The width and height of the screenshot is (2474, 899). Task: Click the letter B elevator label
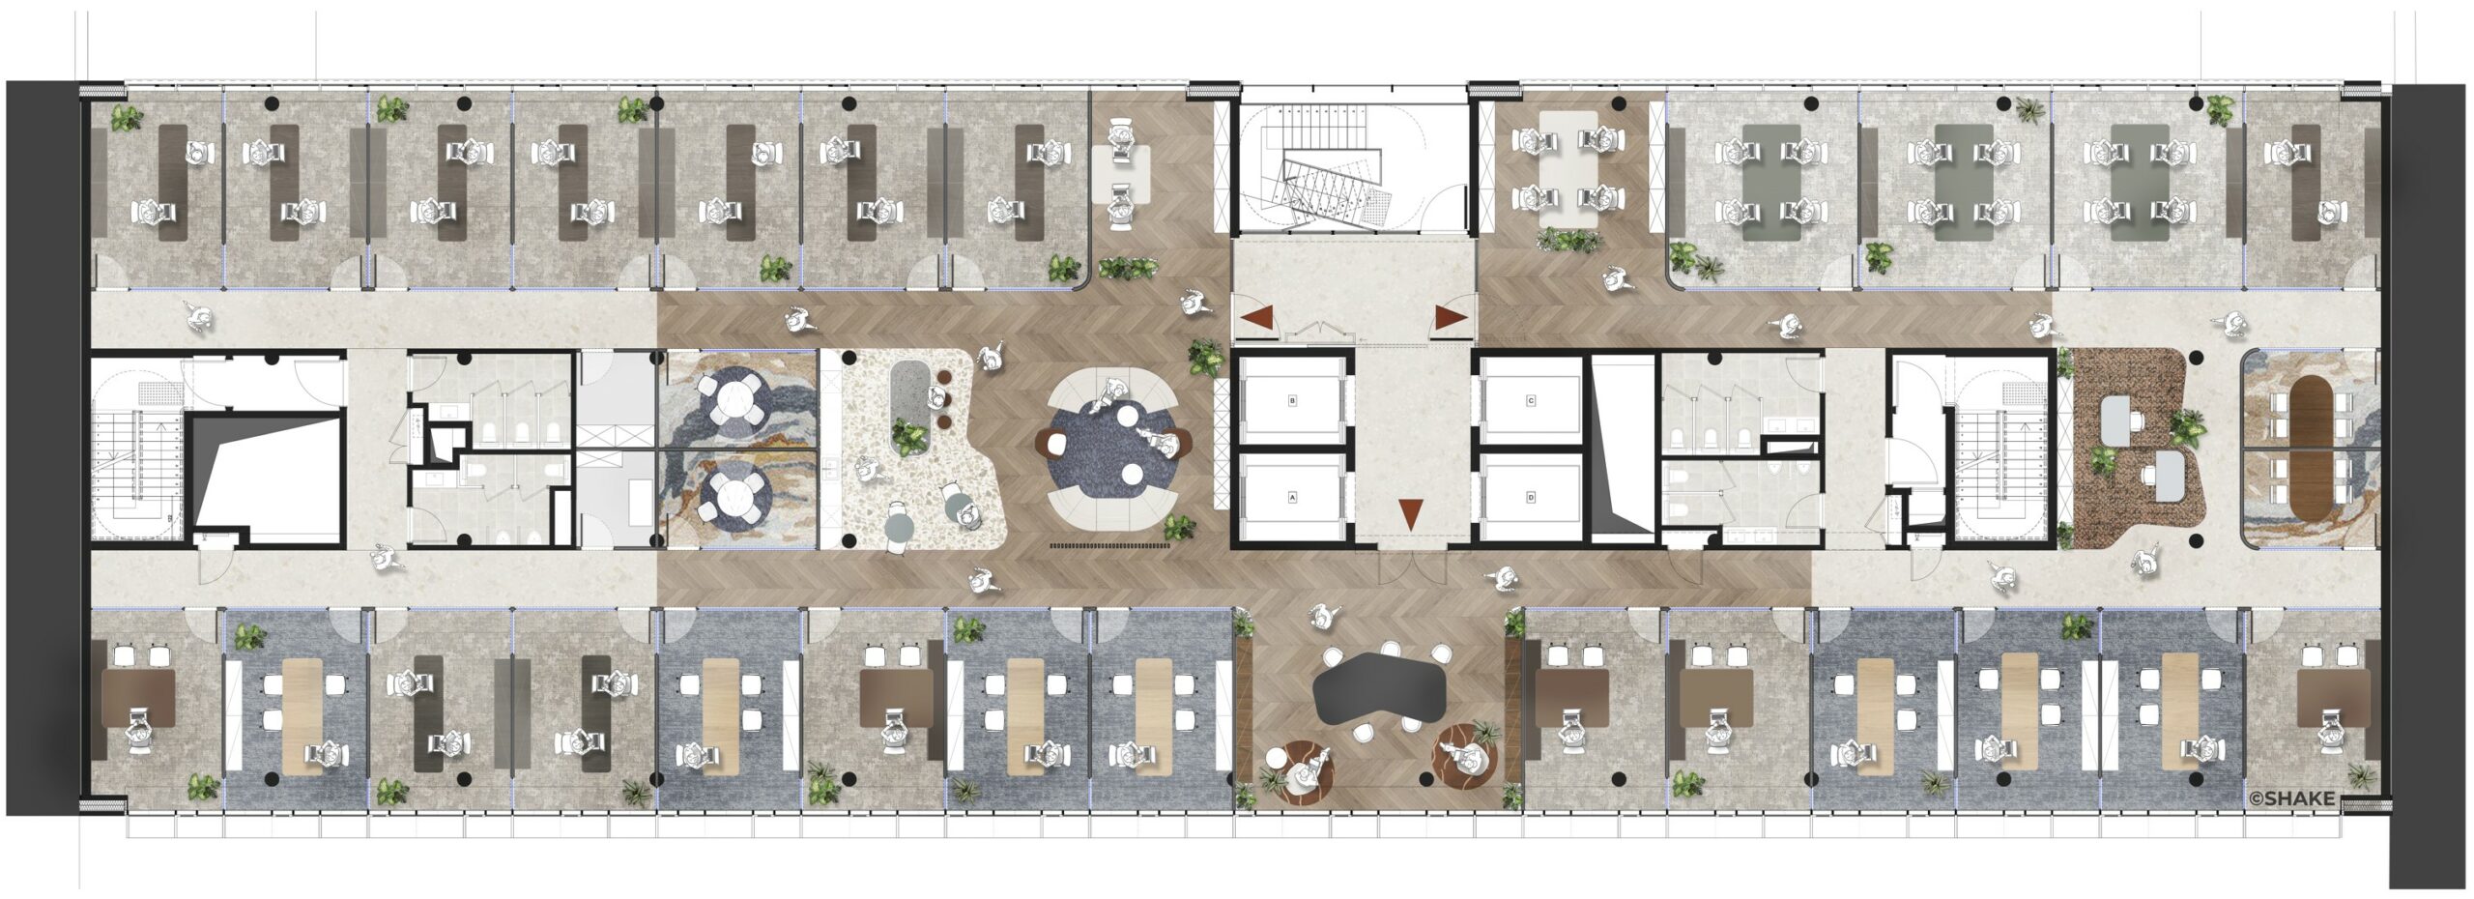[1292, 399]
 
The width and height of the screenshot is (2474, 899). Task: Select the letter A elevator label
[1292, 498]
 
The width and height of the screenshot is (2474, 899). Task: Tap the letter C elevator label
[1531, 399]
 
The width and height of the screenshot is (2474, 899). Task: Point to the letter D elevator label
[1531, 498]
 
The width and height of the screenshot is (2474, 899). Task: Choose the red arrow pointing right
[1451, 317]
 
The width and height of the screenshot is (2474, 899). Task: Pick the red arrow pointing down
[1412, 513]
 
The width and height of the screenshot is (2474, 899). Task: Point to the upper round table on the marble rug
[736, 401]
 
